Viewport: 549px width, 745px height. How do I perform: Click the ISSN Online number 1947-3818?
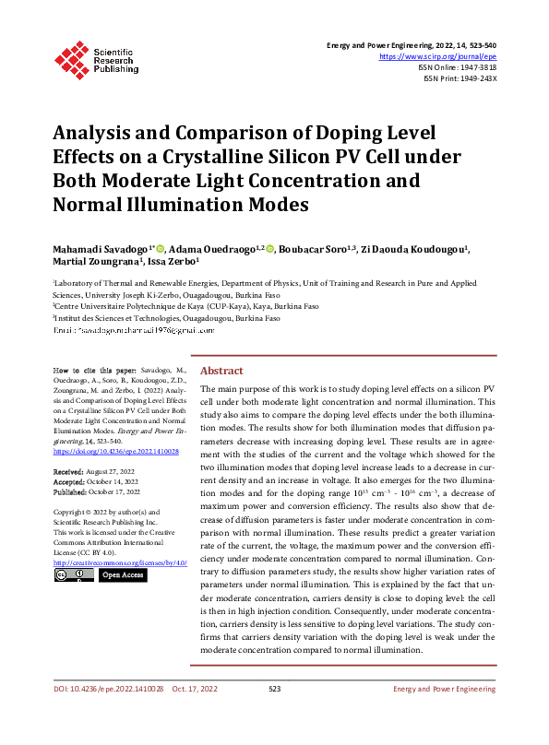click(x=475, y=67)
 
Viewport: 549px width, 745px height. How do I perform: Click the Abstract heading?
click(x=221, y=370)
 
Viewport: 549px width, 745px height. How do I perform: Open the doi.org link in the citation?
click(x=116, y=452)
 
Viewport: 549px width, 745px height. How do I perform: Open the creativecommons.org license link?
click(x=120, y=562)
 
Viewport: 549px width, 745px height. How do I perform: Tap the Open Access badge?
click(x=122, y=574)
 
